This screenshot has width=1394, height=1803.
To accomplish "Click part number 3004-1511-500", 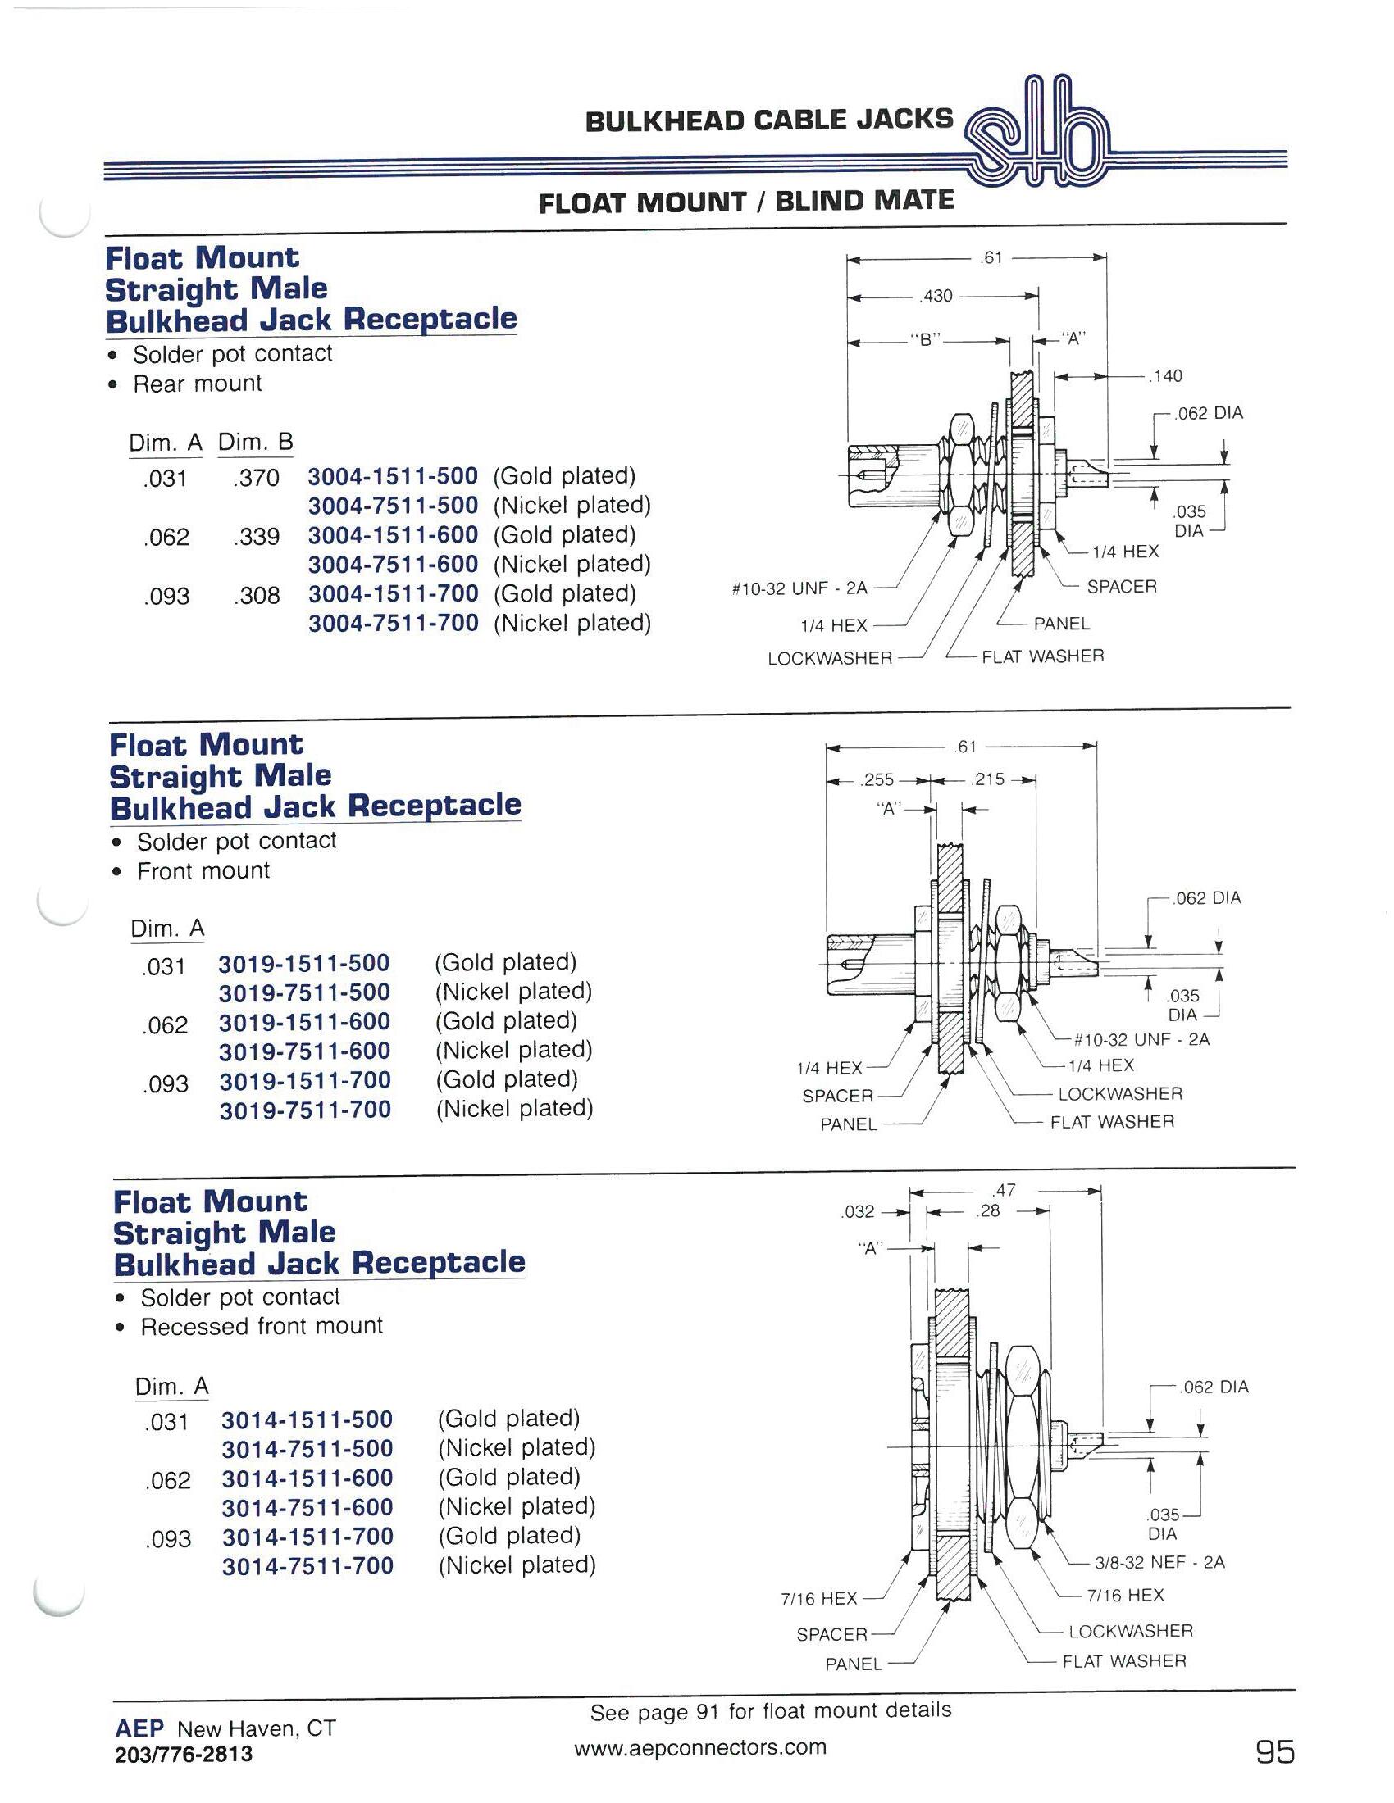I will (393, 476).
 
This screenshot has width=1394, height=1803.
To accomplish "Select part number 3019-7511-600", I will (305, 1051).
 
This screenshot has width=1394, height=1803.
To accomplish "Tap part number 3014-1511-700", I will (307, 1537).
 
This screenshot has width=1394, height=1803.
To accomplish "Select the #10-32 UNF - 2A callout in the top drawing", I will (799, 589).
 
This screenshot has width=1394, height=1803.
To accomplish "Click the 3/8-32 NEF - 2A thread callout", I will (1159, 1562).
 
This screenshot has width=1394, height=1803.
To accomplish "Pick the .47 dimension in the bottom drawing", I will (1005, 1191).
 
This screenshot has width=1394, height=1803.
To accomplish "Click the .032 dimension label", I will (857, 1211).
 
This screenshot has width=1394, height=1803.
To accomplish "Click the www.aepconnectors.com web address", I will (699, 1747).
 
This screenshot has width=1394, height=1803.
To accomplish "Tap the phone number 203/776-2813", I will (184, 1755).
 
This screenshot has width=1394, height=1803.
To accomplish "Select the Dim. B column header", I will (255, 443).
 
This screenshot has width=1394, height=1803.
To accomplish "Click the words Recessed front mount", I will (262, 1327).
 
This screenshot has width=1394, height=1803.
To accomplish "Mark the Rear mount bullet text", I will (198, 384).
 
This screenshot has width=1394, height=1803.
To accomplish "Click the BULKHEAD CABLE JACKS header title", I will (769, 120).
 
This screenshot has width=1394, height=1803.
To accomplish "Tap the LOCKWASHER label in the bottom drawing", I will (1131, 1630).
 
